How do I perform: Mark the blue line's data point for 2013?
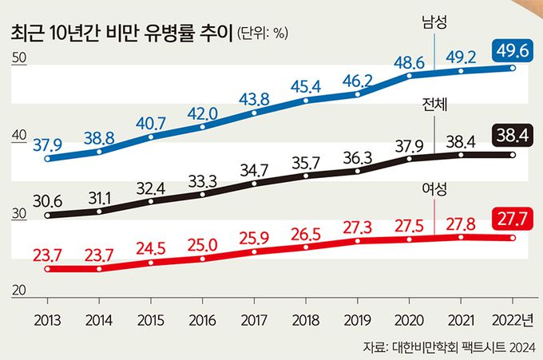48,158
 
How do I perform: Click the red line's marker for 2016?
203,259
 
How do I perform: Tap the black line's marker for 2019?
358,170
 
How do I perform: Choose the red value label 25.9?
254,236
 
